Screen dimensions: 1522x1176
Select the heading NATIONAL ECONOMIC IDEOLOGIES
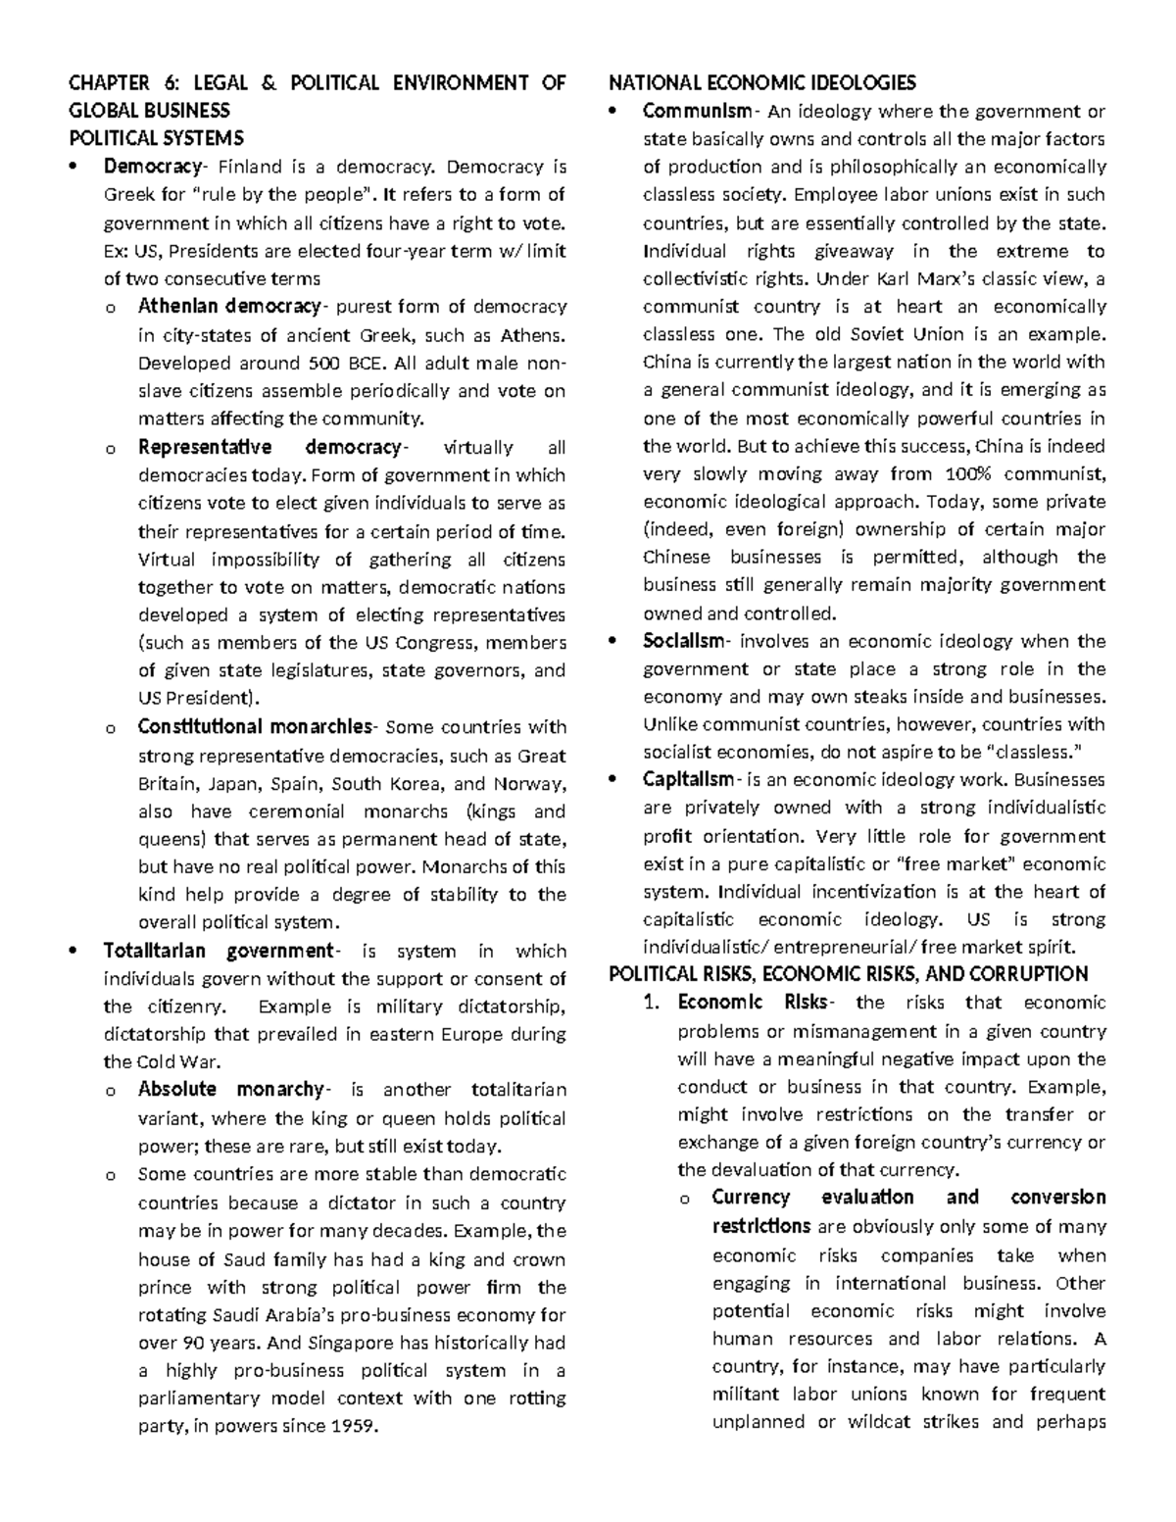[x=762, y=82]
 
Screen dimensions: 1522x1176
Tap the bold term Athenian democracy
[x=228, y=307]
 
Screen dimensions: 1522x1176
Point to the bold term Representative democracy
[x=269, y=448]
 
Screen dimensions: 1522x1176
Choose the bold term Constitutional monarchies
[x=255, y=727]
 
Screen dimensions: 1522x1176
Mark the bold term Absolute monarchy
[x=230, y=1090]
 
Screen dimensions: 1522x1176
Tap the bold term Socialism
[x=684, y=642]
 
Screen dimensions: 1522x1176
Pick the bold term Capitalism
[x=688, y=780]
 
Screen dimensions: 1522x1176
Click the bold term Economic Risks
[x=752, y=1003]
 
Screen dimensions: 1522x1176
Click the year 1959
[x=353, y=1426]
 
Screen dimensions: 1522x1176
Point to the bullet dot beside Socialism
[x=614, y=642]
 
